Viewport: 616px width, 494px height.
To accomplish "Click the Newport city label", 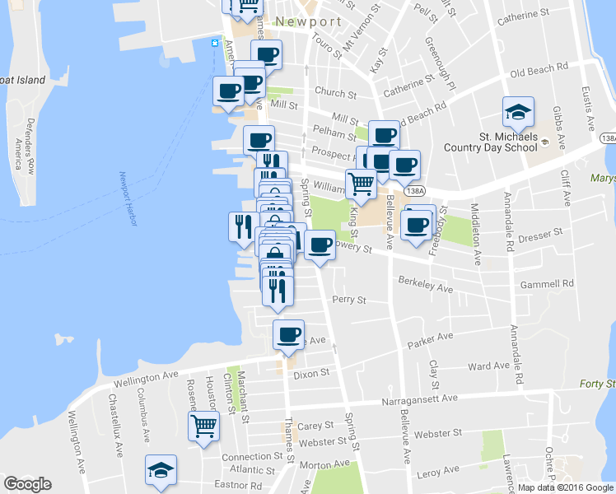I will click(308, 21).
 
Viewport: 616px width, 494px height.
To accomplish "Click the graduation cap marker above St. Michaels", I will click(519, 111).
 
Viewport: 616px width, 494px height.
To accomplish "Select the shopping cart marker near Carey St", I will click(203, 426).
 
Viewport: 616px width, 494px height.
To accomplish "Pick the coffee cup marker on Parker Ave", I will click(288, 334).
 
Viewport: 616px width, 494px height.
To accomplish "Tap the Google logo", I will click(27, 484).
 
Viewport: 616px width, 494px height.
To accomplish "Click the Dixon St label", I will click(311, 373).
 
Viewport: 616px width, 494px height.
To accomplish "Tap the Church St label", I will click(334, 93).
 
